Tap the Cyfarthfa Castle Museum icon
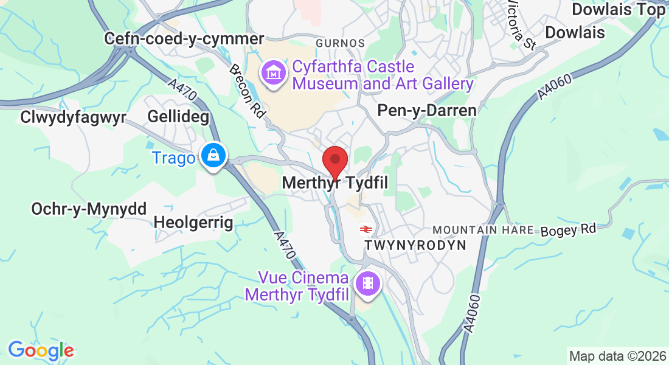[x=274, y=74]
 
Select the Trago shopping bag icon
[x=214, y=156]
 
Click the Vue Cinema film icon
[x=368, y=283]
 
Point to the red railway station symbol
[x=366, y=229]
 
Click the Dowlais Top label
[x=619, y=10]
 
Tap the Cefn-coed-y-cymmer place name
[x=184, y=38]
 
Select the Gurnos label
[x=341, y=43]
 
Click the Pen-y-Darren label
[x=426, y=110]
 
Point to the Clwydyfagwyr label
[x=72, y=117]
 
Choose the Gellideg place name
[x=178, y=116]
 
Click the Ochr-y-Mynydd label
[x=89, y=209]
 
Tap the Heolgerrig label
[x=193, y=222]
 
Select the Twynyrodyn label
[x=415, y=245]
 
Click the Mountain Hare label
[x=483, y=231]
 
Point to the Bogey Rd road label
[x=569, y=229]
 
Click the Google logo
[x=41, y=350]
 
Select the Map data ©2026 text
[x=617, y=356]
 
